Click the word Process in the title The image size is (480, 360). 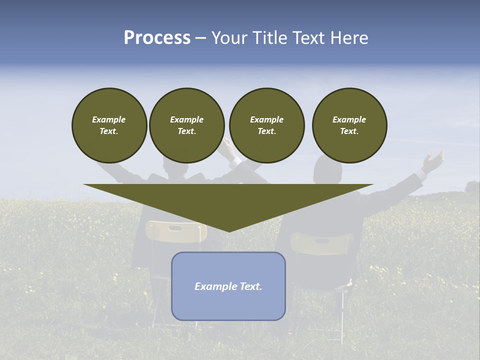pos(157,38)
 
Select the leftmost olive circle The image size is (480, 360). pos(109,125)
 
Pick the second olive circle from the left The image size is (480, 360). pos(187,125)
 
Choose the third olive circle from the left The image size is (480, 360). pos(267,125)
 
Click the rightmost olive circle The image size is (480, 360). pos(349,125)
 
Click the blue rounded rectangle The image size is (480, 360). pos(228,286)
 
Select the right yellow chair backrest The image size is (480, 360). pos(322,243)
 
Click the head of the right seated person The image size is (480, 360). pos(327,171)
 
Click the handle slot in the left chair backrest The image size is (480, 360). pos(175,228)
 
